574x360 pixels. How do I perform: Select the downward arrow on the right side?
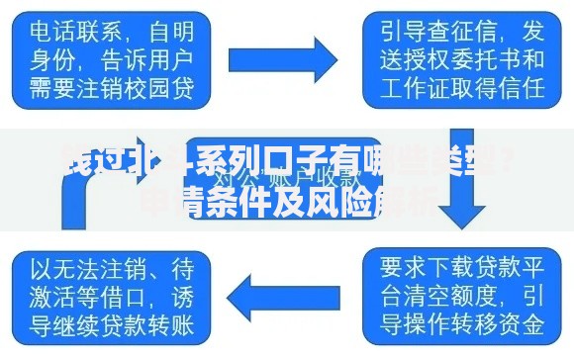[458, 194]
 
